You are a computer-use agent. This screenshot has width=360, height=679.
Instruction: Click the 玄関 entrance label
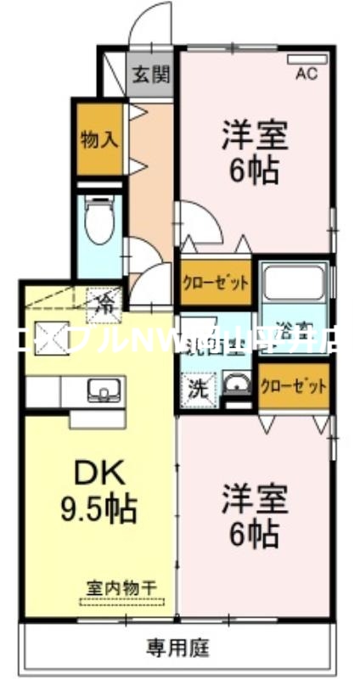(149, 74)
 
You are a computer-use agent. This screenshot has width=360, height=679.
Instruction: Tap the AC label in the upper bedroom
(306, 74)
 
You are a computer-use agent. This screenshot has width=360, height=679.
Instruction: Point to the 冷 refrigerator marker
(104, 300)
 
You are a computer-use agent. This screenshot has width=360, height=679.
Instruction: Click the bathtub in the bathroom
(292, 287)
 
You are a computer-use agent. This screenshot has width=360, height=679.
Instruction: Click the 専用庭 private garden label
(179, 648)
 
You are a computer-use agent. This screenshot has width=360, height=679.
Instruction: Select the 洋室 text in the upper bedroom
(254, 136)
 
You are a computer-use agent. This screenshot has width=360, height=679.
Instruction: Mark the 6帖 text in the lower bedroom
(254, 536)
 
